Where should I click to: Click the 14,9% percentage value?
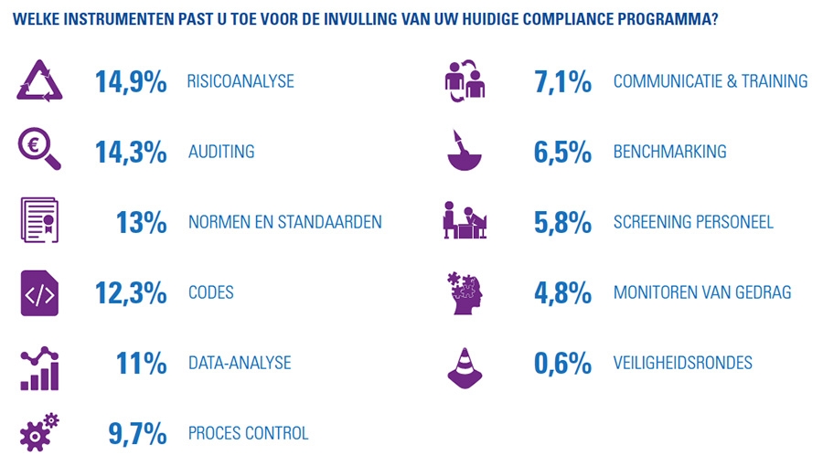click(x=131, y=81)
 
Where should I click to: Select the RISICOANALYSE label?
click(x=240, y=81)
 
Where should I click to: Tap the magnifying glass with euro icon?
click(x=39, y=150)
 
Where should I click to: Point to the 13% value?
click(x=142, y=222)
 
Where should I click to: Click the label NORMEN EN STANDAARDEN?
click(x=284, y=222)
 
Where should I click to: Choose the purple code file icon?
click(x=39, y=293)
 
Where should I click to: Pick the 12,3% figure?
click(x=131, y=293)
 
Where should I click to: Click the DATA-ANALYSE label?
click(x=240, y=363)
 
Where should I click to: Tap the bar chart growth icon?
click(x=39, y=365)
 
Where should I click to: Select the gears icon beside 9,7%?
click(x=40, y=431)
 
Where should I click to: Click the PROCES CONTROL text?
click(x=248, y=433)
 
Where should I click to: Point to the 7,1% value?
click(x=562, y=81)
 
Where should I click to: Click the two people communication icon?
click(x=465, y=79)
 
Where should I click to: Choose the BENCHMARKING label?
click(x=669, y=152)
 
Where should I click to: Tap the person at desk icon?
click(x=465, y=221)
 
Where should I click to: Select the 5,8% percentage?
click(x=562, y=222)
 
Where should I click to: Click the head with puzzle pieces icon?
click(x=465, y=292)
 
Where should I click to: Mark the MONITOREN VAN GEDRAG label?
click(x=702, y=293)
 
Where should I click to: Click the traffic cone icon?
click(x=465, y=363)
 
